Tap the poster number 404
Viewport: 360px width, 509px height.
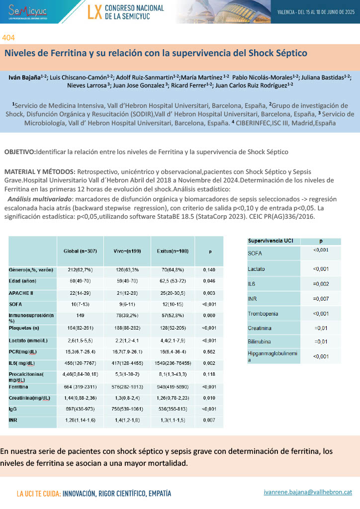coord(8,38)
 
